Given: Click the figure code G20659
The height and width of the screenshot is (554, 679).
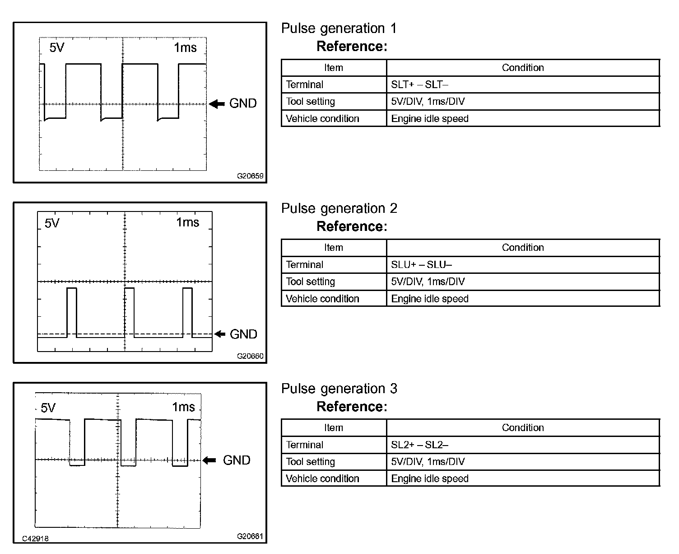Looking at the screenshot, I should (250, 176).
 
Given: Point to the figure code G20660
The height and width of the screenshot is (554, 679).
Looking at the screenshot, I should (250, 356).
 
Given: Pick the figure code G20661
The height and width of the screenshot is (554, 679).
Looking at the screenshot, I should (250, 536).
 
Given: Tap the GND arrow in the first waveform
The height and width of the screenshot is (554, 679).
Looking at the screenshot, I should (218, 104).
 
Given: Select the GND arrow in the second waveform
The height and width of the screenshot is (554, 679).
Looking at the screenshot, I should (219, 334).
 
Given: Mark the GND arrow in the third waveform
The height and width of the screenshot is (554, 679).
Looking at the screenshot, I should (209, 460).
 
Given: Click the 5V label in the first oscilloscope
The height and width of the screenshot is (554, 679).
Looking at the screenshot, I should (57, 47).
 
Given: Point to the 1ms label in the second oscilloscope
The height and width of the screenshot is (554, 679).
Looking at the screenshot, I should (187, 222).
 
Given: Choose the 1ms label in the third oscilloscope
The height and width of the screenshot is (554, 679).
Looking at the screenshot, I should (183, 407).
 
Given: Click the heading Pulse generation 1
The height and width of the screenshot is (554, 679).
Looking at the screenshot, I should (339, 28).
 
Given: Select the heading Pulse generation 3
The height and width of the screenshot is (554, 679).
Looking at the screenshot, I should (339, 389).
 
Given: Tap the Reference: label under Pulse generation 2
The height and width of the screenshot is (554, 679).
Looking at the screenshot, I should (352, 226).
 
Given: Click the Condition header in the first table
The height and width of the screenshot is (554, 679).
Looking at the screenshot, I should (523, 68).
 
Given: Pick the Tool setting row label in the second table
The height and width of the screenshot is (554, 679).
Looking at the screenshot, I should (310, 282).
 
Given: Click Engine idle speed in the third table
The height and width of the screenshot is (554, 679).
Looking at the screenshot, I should (430, 479).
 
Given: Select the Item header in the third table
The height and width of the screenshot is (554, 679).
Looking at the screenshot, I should (334, 427).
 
